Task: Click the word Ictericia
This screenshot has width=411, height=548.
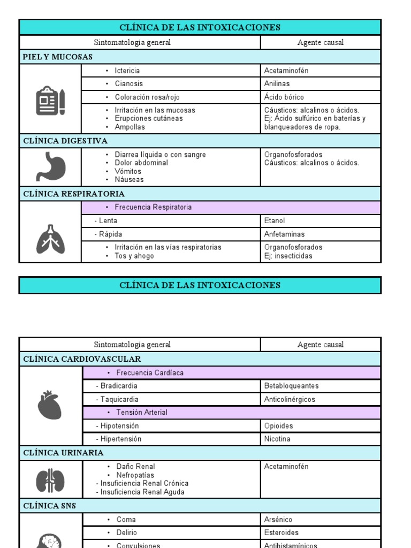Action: click(127, 71)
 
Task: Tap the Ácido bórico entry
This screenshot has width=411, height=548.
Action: click(284, 97)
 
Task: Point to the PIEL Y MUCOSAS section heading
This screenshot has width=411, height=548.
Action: click(58, 57)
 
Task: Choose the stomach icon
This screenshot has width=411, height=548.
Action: click(50, 167)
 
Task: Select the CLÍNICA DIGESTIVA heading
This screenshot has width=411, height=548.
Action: click(65, 141)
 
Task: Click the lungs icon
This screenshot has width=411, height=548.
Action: click(50, 239)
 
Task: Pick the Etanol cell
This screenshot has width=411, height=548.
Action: click(274, 221)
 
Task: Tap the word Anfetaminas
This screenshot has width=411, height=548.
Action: click(284, 234)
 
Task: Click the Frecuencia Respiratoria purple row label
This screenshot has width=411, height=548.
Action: click(153, 207)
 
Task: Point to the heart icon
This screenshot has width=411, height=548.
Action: click(50, 405)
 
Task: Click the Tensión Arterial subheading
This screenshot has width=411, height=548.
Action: click(141, 413)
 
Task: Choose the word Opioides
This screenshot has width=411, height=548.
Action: click(278, 426)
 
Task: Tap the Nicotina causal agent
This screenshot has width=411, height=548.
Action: click(277, 439)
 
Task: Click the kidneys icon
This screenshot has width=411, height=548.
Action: click(50, 480)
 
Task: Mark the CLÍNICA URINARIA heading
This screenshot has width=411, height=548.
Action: click(63, 453)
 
